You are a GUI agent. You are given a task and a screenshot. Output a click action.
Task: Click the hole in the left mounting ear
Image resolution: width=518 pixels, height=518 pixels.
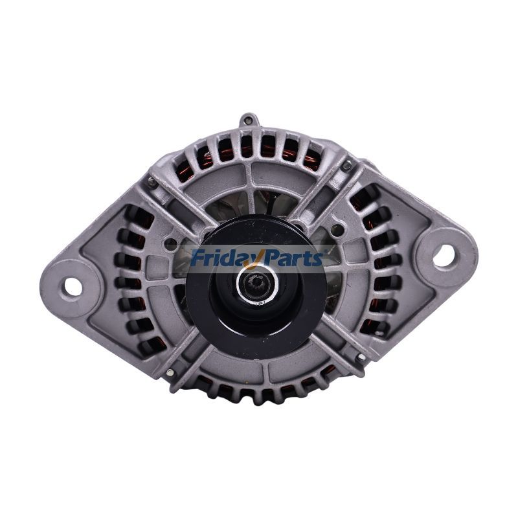coord(73,286)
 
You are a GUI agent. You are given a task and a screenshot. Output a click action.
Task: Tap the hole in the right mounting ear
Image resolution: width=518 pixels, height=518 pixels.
coord(444,256)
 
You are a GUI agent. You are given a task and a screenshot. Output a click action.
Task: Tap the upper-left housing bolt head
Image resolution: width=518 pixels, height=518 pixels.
coord(151,183)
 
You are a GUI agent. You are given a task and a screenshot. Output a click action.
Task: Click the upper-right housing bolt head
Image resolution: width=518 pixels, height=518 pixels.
coord(347,166)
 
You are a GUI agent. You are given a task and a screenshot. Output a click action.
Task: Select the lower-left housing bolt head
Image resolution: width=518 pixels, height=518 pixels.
coord(170,372)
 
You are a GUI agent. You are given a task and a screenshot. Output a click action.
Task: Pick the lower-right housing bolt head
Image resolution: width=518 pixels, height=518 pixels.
coord(360,357)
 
